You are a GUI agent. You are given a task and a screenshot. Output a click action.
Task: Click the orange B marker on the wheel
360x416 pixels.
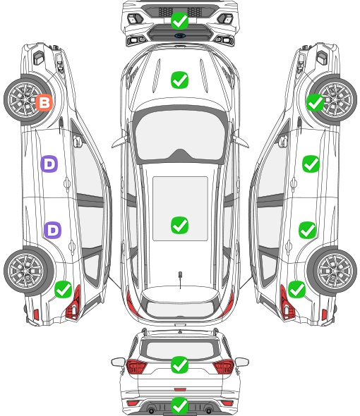44,102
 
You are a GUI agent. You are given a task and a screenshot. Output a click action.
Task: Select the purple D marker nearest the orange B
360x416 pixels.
49,164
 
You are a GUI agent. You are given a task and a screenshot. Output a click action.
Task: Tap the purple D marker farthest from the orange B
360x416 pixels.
53,230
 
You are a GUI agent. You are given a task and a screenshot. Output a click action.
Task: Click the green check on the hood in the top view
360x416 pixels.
179,80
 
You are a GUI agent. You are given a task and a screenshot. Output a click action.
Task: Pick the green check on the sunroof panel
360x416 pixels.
179,225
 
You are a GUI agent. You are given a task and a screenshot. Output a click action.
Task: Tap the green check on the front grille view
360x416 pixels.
179,20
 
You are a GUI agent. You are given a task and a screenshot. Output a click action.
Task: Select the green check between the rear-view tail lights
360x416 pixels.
179,365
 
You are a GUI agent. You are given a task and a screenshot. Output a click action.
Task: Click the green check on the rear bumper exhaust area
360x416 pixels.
179,405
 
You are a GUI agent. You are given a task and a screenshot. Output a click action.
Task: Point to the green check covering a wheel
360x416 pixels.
315,102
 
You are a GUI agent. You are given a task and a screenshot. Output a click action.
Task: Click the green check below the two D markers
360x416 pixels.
63,289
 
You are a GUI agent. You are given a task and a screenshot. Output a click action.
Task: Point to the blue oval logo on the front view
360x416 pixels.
180,35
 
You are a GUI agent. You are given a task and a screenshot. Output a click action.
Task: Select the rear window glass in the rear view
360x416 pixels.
180,350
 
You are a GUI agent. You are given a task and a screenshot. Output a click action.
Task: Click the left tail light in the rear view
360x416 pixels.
136,367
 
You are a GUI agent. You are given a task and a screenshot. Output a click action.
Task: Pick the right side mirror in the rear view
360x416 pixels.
242,362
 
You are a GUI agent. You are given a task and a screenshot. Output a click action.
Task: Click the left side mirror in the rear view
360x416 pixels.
118,362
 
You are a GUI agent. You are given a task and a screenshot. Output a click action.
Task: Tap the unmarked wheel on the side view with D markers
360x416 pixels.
26,271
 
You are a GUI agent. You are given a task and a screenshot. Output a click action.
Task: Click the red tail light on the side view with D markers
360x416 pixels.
74,304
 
